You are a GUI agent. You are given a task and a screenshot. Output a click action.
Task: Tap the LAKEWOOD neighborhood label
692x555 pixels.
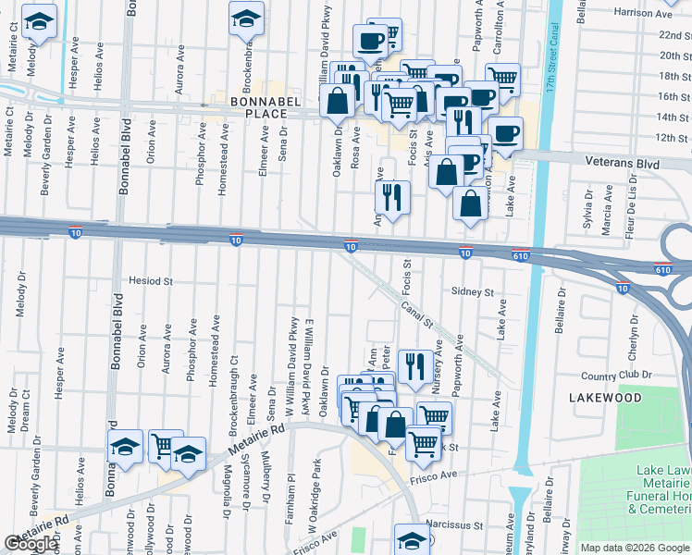(x=605, y=397)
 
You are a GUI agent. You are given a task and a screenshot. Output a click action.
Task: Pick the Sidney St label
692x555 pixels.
(x=472, y=291)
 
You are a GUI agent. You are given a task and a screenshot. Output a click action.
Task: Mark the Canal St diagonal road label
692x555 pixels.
(x=416, y=314)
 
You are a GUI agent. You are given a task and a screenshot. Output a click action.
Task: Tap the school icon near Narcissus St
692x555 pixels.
(x=412, y=538)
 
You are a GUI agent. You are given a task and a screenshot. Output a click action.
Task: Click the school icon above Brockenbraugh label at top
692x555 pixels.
(x=246, y=18)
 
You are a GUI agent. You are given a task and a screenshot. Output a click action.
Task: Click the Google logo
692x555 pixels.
(x=31, y=544)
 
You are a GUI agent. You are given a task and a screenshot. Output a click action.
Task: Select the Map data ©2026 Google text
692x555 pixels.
(x=634, y=548)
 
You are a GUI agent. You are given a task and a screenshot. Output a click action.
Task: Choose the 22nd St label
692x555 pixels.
(x=674, y=35)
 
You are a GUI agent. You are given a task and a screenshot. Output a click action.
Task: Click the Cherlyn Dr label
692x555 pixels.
(x=634, y=329)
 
